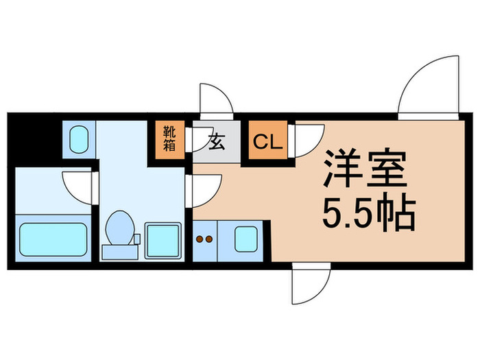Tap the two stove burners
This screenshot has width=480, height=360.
204,239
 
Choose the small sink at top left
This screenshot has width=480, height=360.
80,140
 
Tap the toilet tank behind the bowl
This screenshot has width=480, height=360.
120,252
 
